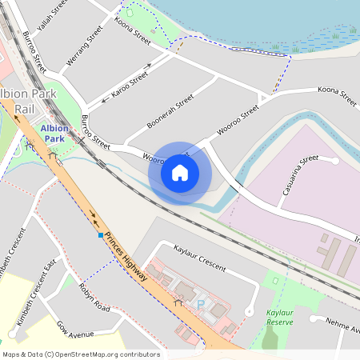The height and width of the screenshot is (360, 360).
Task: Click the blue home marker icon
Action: (180, 172)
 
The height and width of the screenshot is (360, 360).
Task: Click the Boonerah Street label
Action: (171, 113)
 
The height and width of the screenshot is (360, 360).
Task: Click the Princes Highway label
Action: (127, 257)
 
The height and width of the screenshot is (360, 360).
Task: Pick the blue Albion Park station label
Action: (54, 134)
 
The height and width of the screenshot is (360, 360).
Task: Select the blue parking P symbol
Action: (201, 305)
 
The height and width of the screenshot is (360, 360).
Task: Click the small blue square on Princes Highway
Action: (100, 236)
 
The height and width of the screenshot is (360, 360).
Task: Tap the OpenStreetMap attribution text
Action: (81, 354)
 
